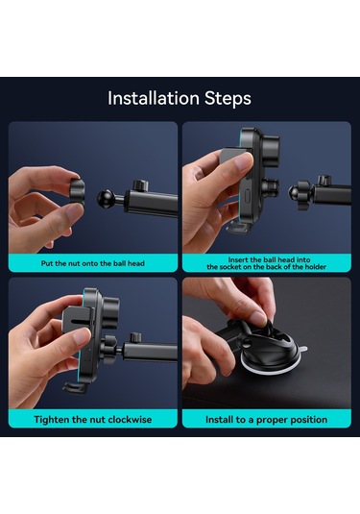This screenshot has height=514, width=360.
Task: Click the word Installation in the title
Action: [154, 98]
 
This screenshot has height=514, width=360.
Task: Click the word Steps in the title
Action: [228, 99]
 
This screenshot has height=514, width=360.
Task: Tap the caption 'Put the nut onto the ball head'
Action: [93, 263]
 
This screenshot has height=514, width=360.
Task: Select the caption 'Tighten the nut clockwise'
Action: [93, 420]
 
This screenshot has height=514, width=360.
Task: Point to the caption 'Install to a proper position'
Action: [266, 420]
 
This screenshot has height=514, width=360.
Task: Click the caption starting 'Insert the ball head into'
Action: [266, 263]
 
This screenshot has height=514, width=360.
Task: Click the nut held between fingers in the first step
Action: [78, 192]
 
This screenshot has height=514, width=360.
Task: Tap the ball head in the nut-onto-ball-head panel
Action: [106, 198]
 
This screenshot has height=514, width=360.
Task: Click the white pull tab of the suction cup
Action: [303, 349]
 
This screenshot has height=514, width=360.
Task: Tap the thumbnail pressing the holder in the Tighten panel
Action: [82, 335]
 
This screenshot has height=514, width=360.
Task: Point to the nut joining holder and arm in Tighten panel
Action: [109, 350]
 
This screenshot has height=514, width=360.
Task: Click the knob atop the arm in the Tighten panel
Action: [135, 337]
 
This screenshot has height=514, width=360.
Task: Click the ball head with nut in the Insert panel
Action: [300, 192]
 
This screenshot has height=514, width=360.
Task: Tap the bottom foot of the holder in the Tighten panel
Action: [76, 387]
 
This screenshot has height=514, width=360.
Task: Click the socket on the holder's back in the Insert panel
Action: [272, 187]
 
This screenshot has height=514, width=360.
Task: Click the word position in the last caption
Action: [308, 420]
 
